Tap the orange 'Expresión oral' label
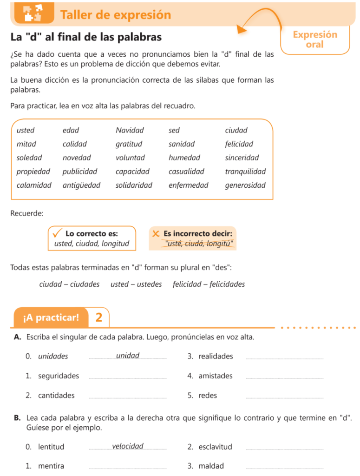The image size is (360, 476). pyautogui.click(x=315, y=40)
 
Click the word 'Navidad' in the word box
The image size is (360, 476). pyautogui.click(x=130, y=130)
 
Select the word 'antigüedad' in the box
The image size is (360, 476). pyautogui.click(x=81, y=185)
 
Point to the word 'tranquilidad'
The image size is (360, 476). pyautogui.click(x=245, y=171)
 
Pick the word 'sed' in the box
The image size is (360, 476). pyautogui.click(x=174, y=130)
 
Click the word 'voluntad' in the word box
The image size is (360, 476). pyautogui.click(x=130, y=158)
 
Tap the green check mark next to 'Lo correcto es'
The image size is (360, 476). pyautogui.click(x=58, y=232)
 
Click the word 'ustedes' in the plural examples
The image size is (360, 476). pyautogui.click(x=136, y=284)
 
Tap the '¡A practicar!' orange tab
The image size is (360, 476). pyautogui.click(x=51, y=317)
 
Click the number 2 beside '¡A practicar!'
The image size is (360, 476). pyautogui.click(x=98, y=317)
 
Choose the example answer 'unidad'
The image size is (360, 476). pyautogui.click(x=128, y=356)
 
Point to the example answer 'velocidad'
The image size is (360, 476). pyautogui.click(x=128, y=446)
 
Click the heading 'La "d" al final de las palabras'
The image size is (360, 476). pyautogui.click(x=86, y=37)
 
